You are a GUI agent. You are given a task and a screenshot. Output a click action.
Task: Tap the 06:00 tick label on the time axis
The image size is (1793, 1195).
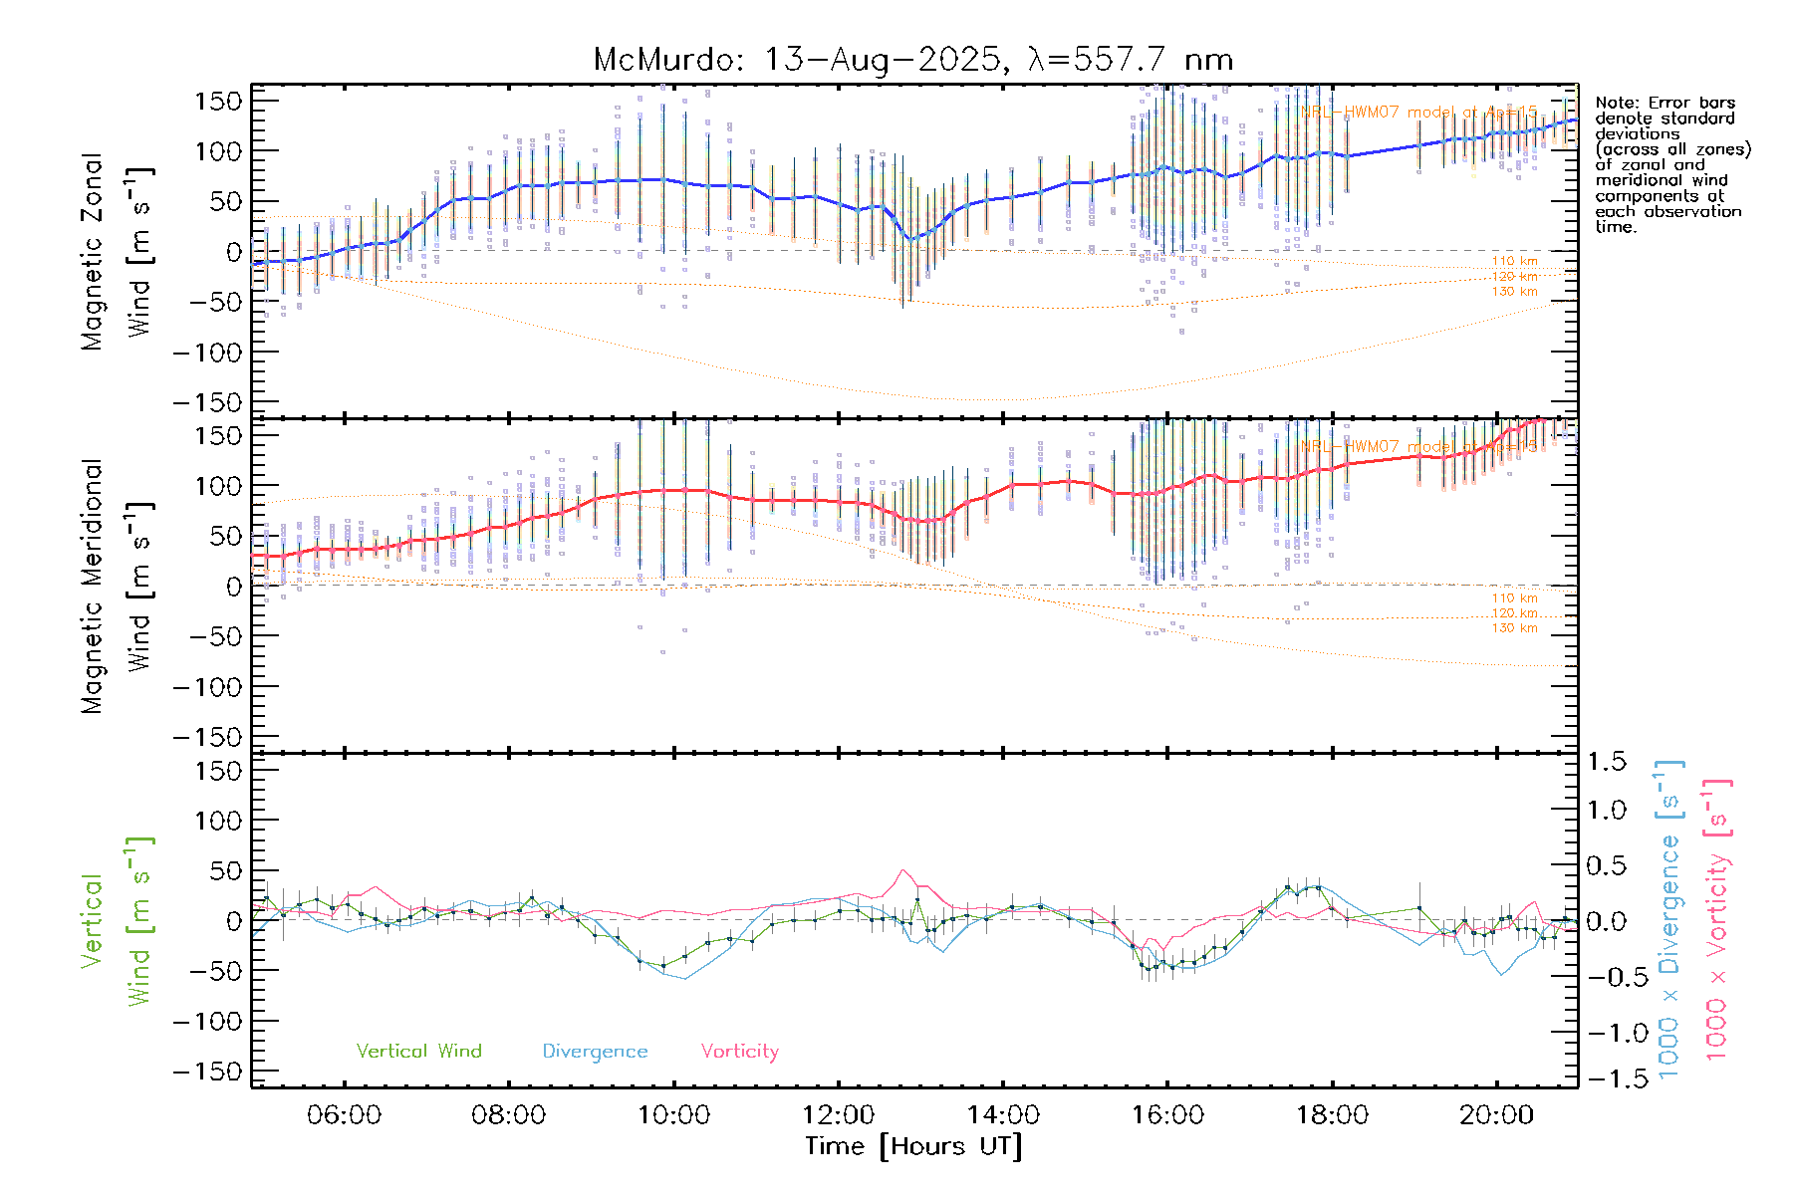[344, 1115]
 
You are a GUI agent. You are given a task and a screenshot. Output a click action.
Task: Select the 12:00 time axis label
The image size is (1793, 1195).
[838, 1115]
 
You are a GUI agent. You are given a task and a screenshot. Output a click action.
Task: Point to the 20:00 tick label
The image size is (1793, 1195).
[1496, 1115]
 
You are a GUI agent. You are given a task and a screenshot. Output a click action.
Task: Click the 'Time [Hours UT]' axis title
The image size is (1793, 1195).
[913, 1146]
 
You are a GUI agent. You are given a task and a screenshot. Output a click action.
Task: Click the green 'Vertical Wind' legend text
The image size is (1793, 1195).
[418, 1051]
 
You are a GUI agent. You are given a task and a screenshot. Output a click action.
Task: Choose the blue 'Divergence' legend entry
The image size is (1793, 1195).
[595, 1051]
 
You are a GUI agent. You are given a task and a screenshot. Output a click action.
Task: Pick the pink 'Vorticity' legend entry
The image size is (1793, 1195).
[739, 1051]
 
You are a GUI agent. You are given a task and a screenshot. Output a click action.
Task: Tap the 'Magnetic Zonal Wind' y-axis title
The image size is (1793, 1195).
[116, 251]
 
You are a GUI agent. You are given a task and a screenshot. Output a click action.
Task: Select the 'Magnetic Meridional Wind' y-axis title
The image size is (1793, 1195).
[116, 586]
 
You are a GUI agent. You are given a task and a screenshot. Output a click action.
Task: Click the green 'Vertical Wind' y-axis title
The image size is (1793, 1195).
[116, 921]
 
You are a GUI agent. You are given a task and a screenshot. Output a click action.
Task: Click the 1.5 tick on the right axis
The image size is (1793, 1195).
[1606, 762]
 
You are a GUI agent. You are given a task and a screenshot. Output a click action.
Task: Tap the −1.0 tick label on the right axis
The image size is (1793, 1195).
[1606, 1033]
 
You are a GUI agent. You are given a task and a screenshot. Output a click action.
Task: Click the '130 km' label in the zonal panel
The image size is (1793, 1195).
[1514, 292]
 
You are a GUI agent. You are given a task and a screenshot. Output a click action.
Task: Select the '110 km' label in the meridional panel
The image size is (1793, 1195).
[1514, 598]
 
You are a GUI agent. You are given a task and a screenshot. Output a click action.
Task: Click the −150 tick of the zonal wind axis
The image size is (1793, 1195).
[207, 402]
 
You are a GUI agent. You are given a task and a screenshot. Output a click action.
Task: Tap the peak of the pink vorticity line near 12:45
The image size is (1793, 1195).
[902, 870]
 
